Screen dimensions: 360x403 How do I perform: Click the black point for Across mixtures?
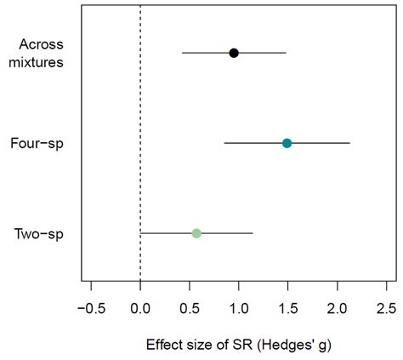point(234,53)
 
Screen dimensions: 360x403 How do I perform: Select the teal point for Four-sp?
point(287,143)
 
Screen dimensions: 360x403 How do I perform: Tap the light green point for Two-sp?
point(196,233)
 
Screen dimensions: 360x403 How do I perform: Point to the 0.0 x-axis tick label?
point(140,307)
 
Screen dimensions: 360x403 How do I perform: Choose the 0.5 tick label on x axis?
point(190,307)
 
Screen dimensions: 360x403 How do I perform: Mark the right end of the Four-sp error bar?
point(349,143)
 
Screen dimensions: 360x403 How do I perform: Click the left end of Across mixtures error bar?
point(182,53)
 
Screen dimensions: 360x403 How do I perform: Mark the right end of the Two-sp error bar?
point(253,233)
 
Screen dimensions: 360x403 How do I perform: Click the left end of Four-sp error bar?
point(224,143)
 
